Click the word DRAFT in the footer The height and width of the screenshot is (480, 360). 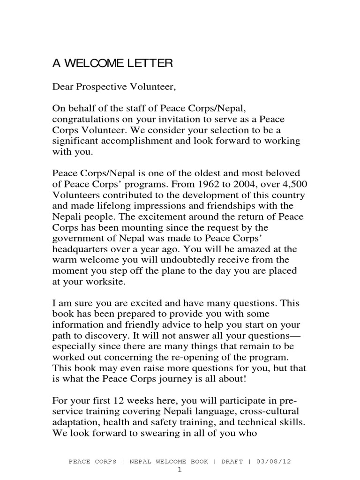point(230,462)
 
